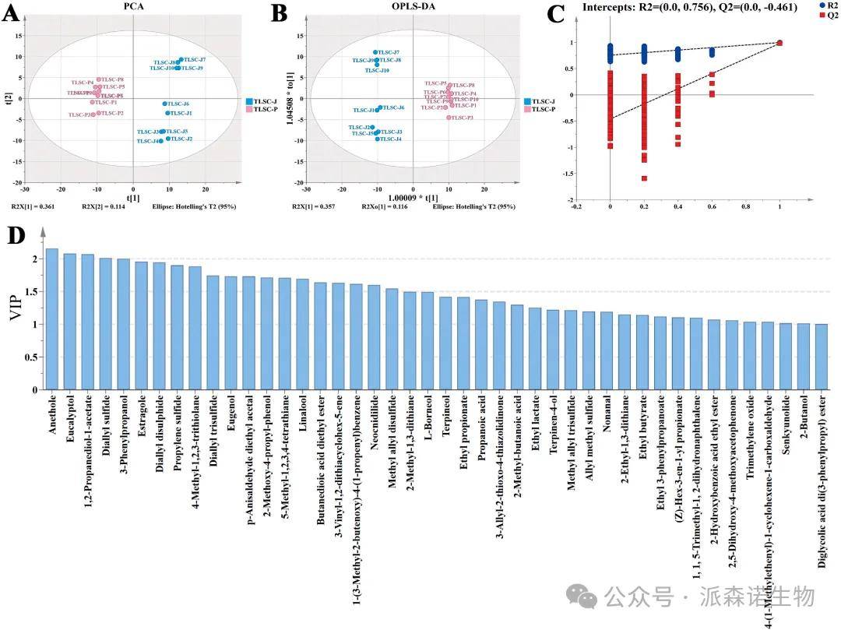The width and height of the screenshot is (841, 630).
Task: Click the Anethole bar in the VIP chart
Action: coord(52,319)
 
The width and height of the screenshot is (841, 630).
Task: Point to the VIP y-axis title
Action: coord(17,316)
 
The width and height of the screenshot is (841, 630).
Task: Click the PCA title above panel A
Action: coord(133,6)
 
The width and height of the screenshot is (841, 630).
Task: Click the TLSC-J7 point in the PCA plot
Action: coord(181,59)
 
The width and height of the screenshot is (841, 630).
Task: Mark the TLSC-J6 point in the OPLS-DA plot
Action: coord(380,107)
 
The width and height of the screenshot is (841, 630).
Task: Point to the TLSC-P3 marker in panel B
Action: coord(449,118)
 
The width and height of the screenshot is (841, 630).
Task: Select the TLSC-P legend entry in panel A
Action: coord(262,110)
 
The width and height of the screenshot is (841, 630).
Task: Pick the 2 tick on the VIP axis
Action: coord(35,259)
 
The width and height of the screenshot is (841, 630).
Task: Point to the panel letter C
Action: coord(556,14)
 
